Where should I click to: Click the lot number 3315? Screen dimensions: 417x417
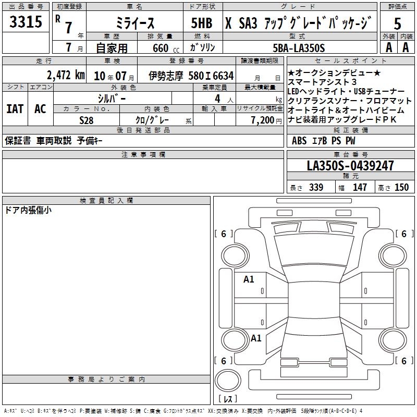26,22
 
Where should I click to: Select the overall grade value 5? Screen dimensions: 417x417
397,23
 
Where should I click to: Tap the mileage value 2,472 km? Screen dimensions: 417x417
66,75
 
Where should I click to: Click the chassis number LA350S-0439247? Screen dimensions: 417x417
350,165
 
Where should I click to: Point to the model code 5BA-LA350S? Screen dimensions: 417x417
299,48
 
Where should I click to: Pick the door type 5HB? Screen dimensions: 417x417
202,23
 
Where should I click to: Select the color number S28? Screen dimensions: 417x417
87,120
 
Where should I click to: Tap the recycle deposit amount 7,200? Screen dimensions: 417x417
263,120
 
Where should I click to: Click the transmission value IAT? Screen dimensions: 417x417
15,109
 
